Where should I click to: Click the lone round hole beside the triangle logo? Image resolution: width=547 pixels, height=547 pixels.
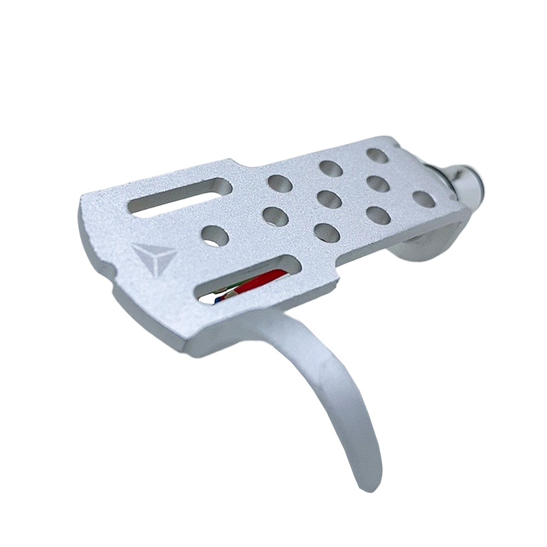pyautogui.click(x=214, y=236)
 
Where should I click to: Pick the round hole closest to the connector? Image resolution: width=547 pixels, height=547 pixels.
pyautogui.click(x=424, y=199)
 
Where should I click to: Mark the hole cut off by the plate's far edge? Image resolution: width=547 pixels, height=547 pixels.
pyautogui.click(x=377, y=155)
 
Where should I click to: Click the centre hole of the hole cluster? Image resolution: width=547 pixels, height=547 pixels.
pyautogui.click(x=329, y=199)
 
